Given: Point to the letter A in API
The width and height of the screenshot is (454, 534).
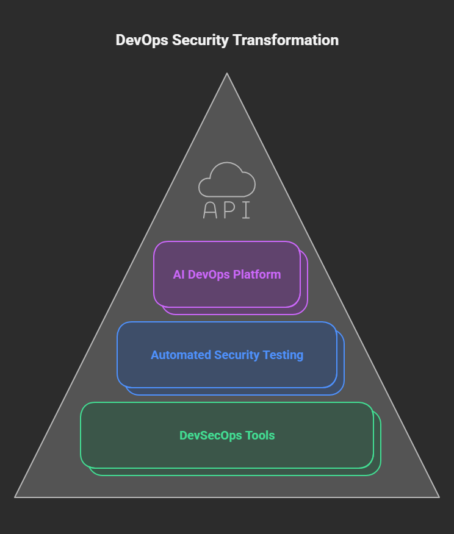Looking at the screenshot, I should pos(210,210).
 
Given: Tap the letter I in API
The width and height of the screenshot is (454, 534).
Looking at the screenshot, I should pos(246,210).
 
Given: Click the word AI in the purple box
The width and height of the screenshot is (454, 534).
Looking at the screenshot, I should pos(179,274).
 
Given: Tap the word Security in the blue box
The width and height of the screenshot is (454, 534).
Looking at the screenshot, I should pos(239,355).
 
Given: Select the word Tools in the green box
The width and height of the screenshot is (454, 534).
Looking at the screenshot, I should pos(260,435).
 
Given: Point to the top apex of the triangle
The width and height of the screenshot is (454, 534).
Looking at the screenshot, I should pos(227,74).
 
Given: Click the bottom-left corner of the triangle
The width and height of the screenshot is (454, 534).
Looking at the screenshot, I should pos(16,497).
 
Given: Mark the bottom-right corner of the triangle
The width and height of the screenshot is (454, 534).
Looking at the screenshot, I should pos(438,497).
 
